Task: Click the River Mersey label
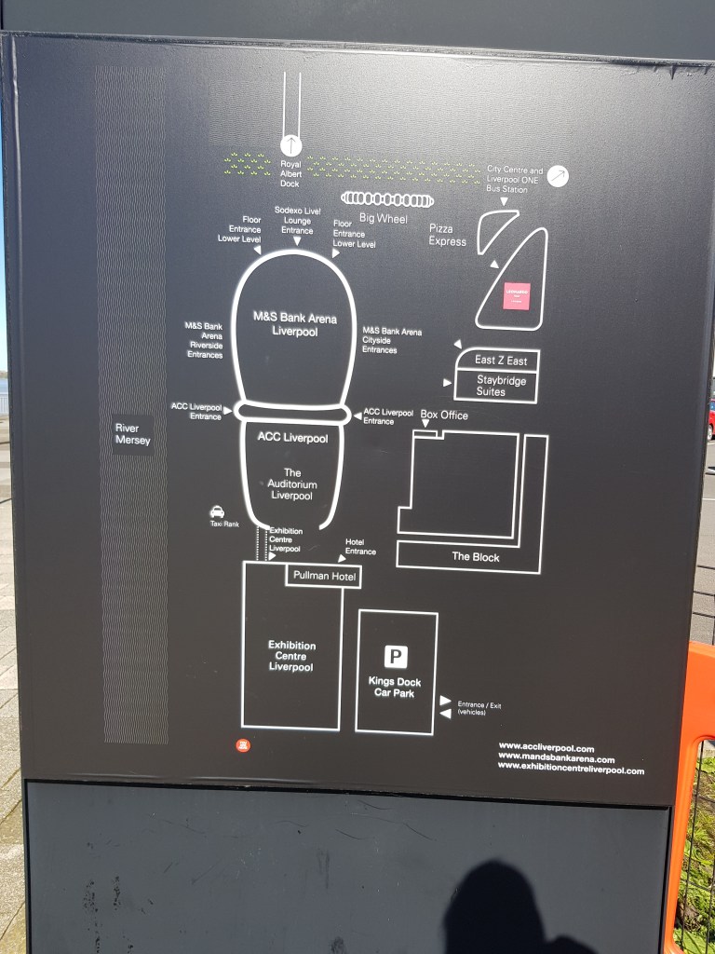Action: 132,434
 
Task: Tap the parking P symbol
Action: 396,658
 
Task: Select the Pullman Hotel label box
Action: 322,577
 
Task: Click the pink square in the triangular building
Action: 516,296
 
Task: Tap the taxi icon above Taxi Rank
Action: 217,511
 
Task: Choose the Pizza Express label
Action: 447,235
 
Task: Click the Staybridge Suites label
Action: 502,386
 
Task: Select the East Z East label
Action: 501,360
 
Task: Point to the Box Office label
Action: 444,416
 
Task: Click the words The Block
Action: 476,557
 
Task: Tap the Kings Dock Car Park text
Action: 395,688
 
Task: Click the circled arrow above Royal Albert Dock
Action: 291,145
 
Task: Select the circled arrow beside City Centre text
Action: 558,175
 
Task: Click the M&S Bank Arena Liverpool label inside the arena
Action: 295,323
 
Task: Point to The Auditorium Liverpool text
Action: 292,484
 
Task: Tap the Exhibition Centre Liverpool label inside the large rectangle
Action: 291,656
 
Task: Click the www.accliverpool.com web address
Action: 546,747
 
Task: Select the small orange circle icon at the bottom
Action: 243,745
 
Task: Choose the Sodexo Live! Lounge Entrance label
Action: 297,221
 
